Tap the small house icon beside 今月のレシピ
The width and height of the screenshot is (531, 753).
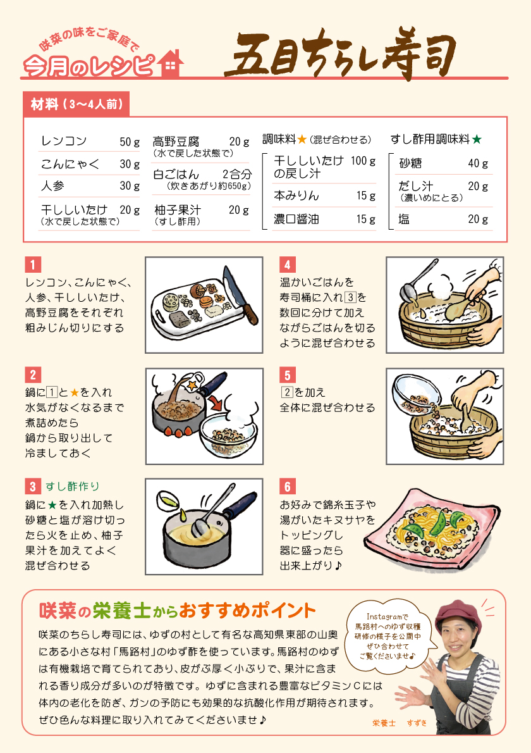[x=170, y=63]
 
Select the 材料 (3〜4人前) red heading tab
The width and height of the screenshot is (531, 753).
[x=76, y=104]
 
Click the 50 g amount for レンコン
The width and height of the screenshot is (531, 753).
[x=130, y=142]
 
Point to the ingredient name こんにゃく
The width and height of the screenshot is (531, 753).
[x=70, y=164]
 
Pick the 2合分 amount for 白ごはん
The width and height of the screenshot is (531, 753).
[x=237, y=174]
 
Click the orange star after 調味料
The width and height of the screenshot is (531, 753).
[x=302, y=139]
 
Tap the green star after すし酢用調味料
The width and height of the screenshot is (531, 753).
[x=476, y=139]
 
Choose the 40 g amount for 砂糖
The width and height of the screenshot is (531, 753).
[x=478, y=163]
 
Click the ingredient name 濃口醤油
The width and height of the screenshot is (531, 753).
[x=296, y=219]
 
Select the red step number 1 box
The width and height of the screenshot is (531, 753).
[x=33, y=264]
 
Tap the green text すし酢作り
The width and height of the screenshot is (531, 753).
[x=73, y=487]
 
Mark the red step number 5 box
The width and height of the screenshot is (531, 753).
[x=288, y=375]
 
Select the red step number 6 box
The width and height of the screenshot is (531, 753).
[x=288, y=487]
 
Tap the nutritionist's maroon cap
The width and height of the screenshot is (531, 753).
[x=458, y=616]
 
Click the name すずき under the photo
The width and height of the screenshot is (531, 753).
[x=417, y=723]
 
